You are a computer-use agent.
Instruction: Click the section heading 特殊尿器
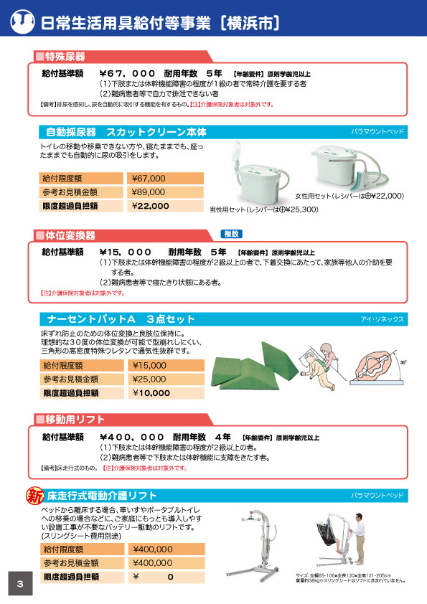click(x=65, y=56)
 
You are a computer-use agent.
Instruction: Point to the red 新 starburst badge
click(x=34, y=495)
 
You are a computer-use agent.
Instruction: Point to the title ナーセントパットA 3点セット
click(x=121, y=318)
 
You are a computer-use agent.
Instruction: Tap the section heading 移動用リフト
click(x=75, y=419)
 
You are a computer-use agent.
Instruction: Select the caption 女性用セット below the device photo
click(x=349, y=195)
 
